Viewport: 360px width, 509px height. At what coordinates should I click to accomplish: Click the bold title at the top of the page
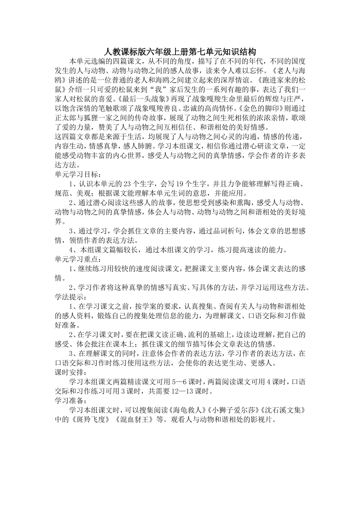pos(180,52)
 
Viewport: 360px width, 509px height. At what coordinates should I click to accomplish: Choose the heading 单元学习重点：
pos(78,259)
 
